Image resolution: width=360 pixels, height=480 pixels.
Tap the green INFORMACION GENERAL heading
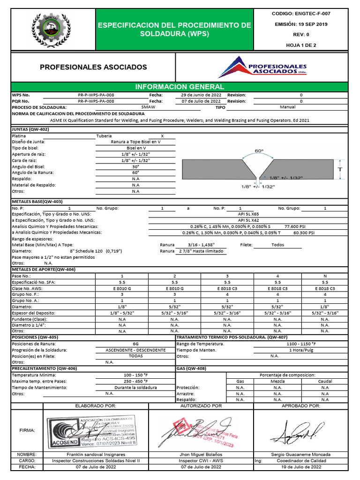(180, 87)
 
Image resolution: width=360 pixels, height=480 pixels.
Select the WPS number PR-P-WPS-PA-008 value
(96, 95)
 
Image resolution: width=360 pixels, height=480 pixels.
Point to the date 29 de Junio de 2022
(201, 95)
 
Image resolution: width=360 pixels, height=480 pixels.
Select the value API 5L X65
(248, 214)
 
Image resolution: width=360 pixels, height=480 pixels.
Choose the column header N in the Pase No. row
(325, 276)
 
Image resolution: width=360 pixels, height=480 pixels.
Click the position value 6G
(135, 344)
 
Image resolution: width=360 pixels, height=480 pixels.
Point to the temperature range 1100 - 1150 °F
(301, 344)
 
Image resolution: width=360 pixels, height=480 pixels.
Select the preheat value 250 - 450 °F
(135, 382)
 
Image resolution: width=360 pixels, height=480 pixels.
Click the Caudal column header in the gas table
(325, 382)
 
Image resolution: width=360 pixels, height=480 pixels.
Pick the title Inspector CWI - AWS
(201, 460)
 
